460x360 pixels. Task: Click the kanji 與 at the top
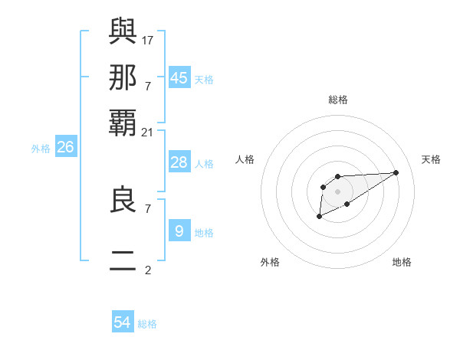click(x=123, y=31)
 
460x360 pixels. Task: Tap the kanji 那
click(x=123, y=77)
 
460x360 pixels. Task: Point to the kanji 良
click(x=123, y=200)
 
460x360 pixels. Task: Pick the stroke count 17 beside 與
click(x=147, y=40)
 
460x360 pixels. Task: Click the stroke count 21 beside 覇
click(x=147, y=133)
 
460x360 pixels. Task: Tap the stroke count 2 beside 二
click(x=147, y=270)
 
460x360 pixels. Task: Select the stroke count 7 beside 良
click(x=147, y=208)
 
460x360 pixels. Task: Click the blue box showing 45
click(x=179, y=78)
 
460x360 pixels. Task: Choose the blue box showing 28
click(x=179, y=162)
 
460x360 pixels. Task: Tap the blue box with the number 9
click(x=179, y=231)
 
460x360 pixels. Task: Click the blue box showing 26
click(x=65, y=148)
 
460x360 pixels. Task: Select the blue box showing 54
click(x=123, y=322)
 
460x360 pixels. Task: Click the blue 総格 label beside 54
click(x=147, y=324)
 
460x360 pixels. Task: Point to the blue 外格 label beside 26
click(x=41, y=149)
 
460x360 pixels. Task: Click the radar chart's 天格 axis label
click(x=431, y=159)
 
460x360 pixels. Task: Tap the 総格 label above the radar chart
click(x=337, y=100)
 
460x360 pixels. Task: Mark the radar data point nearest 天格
click(x=396, y=172)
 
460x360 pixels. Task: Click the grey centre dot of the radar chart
click(x=337, y=191)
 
